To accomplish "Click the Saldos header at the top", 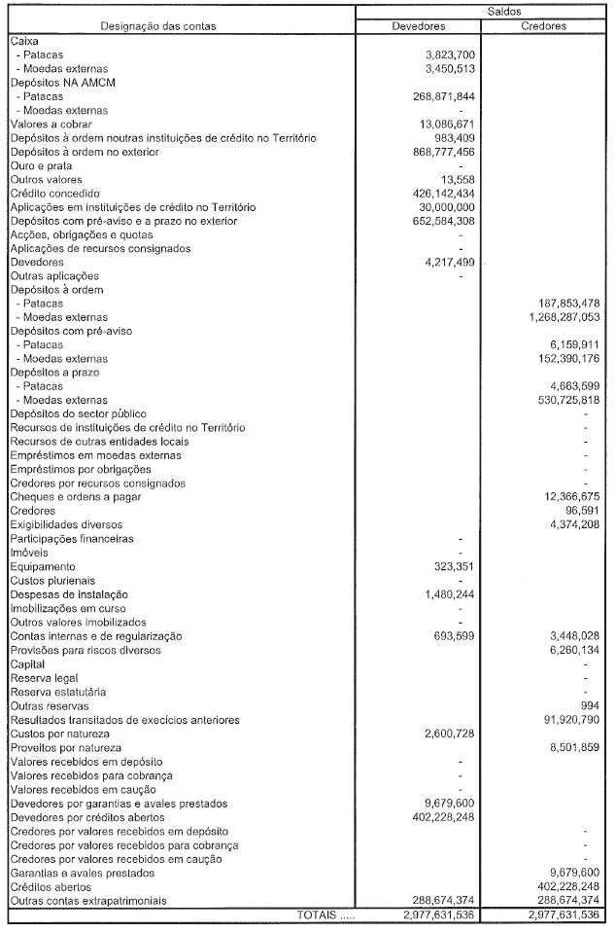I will pos(480,11).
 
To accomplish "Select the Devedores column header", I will pos(418,26).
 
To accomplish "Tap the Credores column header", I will pos(543,26).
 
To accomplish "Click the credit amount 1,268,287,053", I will pos(558,318).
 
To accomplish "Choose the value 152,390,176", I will pos(562,359).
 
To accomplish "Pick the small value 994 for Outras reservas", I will pos(590,705).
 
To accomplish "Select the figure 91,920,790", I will pos(565,719).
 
